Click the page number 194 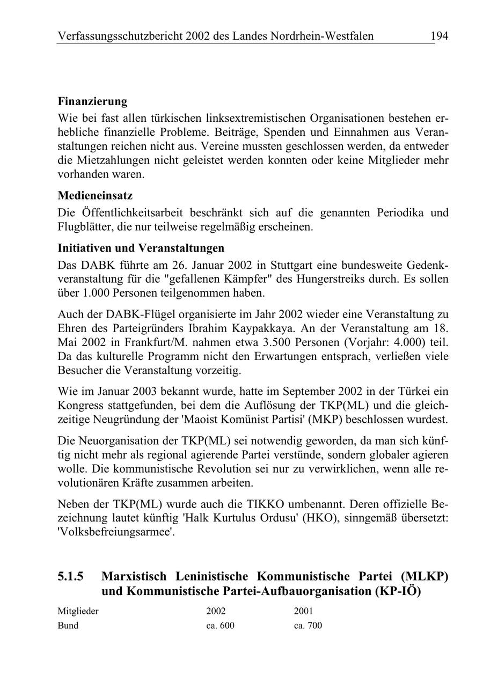pyautogui.click(x=438, y=36)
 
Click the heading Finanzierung pyautogui.click(x=92, y=101)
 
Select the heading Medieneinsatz pyautogui.click(x=95, y=196)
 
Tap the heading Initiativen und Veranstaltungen pyautogui.click(x=141, y=248)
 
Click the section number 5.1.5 pyautogui.click(x=71, y=577)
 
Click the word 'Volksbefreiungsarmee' pyautogui.click(x=116, y=533)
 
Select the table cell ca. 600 pyautogui.click(x=220, y=626)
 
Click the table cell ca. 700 pyautogui.click(x=308, y=626)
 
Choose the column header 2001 pyautogui.click(x=304, y=611)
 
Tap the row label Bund pyautogui.click(x=68, y=626)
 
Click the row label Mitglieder pyautogui.click(x=78, y=611)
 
